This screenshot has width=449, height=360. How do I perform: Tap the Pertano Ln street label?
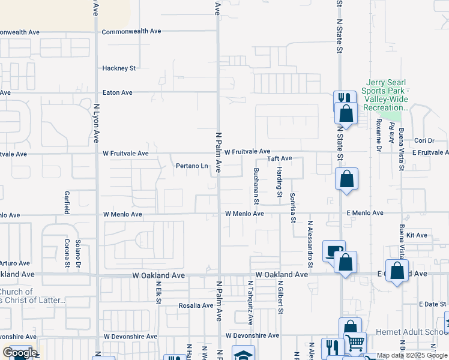[191, 166]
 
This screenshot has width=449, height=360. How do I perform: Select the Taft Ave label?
[279, 158]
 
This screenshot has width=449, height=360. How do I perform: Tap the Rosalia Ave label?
[196, 305]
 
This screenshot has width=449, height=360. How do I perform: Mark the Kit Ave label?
[417, 235]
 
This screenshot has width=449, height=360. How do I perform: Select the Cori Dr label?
[424, 141]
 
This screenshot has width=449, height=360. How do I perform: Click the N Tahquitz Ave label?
[252, 299]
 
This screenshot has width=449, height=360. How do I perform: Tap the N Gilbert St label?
[280, 298]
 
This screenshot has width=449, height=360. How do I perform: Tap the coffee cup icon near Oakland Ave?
[334, 251]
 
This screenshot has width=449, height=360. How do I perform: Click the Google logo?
[20, 353]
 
